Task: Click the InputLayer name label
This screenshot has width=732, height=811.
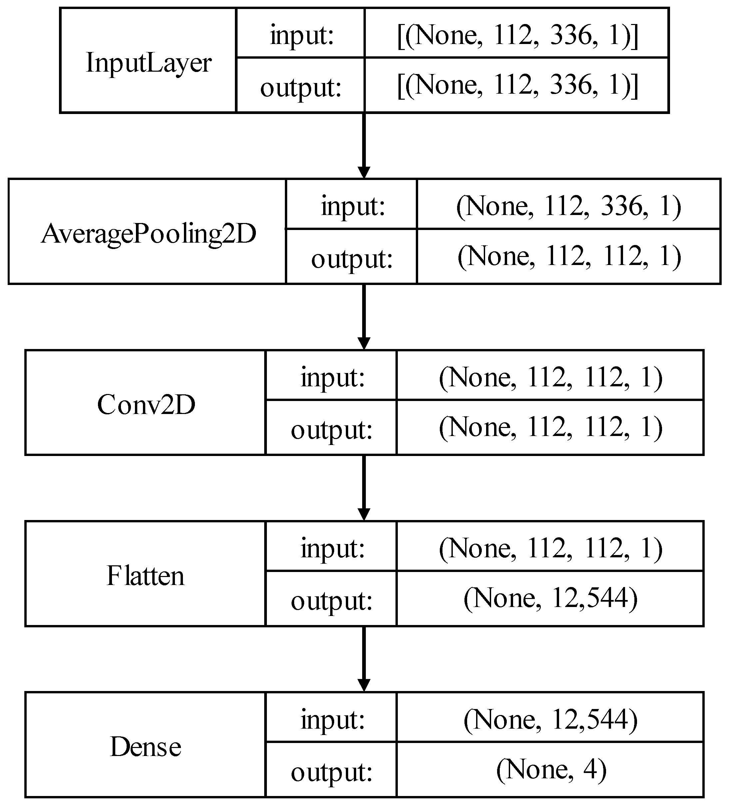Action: pyautogui.click(x=148, y=63)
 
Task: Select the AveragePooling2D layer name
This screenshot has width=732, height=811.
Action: pyautogui.click(x=148, y=234)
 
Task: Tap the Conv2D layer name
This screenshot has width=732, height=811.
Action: pyautogui.click(x=146, y=405)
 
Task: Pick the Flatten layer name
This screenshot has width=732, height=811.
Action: pyautogui.click(x=145, y=576)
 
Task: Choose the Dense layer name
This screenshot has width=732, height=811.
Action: pyautogui.click(x=145, y=747)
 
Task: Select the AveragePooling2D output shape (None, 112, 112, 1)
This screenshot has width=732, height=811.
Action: pyautogui.click(x=569, y=256)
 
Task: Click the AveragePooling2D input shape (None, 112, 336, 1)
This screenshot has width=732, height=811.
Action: pyautogui.click(x=568, y=206)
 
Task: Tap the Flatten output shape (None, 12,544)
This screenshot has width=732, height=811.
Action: pyautogui.click(x=550, y=598)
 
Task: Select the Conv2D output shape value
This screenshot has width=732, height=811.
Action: pyautogui.click(x=550, y=427)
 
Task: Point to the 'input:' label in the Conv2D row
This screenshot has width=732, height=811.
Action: pyautogui.click(x=332, y=378)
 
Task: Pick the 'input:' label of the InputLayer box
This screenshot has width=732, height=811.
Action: pyautogui.click(x=302, y=35)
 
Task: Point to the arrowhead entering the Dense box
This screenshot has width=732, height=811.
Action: pyautogui.click(x=364, y=685)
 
